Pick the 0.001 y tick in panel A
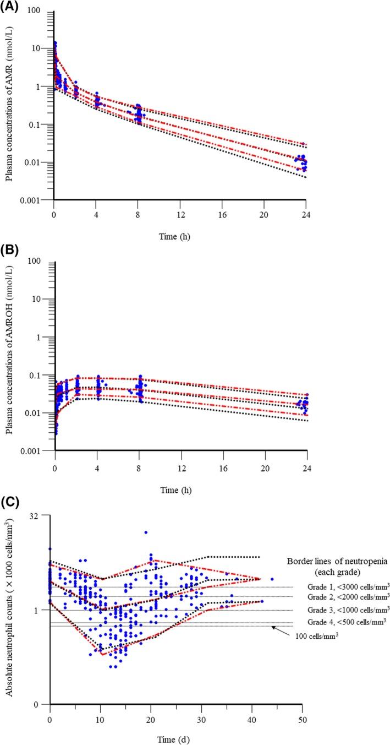click(37, 199)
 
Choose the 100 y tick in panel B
click(41, 260)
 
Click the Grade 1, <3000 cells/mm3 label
click(348, 587)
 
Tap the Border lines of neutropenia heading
click(338, 561)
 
